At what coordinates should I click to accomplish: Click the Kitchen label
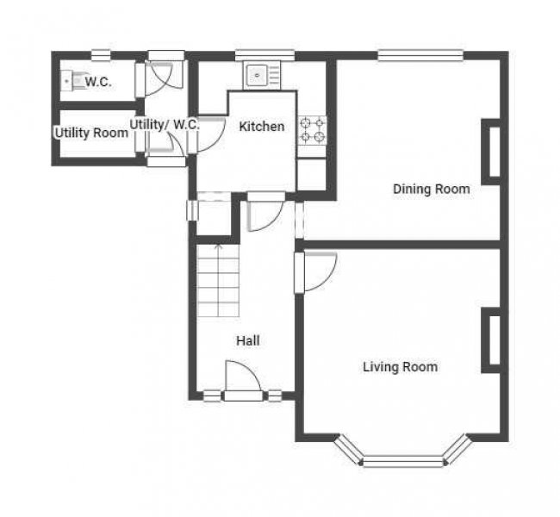[262, 127]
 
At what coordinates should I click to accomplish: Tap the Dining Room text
[432, 189]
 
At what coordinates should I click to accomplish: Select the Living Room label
[401, 367]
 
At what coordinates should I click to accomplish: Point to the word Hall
[248, 340]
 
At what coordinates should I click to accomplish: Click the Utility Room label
[91, 133]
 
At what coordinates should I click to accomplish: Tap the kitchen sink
[261, 75]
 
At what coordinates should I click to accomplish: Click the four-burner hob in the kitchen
[313, 130]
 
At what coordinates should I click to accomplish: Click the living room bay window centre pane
[403, 461]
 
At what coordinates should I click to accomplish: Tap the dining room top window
[420, 55]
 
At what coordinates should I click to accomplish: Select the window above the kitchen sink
[264, 55]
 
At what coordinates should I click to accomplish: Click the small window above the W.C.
[101, 55]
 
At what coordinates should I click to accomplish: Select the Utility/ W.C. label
[165, 125]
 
